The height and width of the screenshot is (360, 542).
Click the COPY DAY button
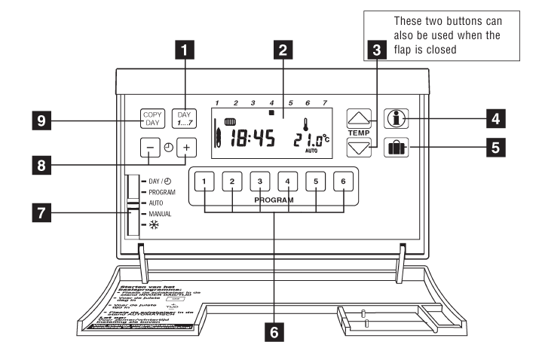[x=153, y=119]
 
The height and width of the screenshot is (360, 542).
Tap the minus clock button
[x=151, y=148]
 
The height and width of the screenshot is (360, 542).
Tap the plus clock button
[x=185, y=148]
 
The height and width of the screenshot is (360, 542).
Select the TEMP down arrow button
[x=360, y=147]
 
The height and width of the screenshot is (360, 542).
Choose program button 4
[x=287, y=182]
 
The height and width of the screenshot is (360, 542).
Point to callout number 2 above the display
[x=282, y=50]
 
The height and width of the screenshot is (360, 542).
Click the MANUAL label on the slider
[x=162, y=215]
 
